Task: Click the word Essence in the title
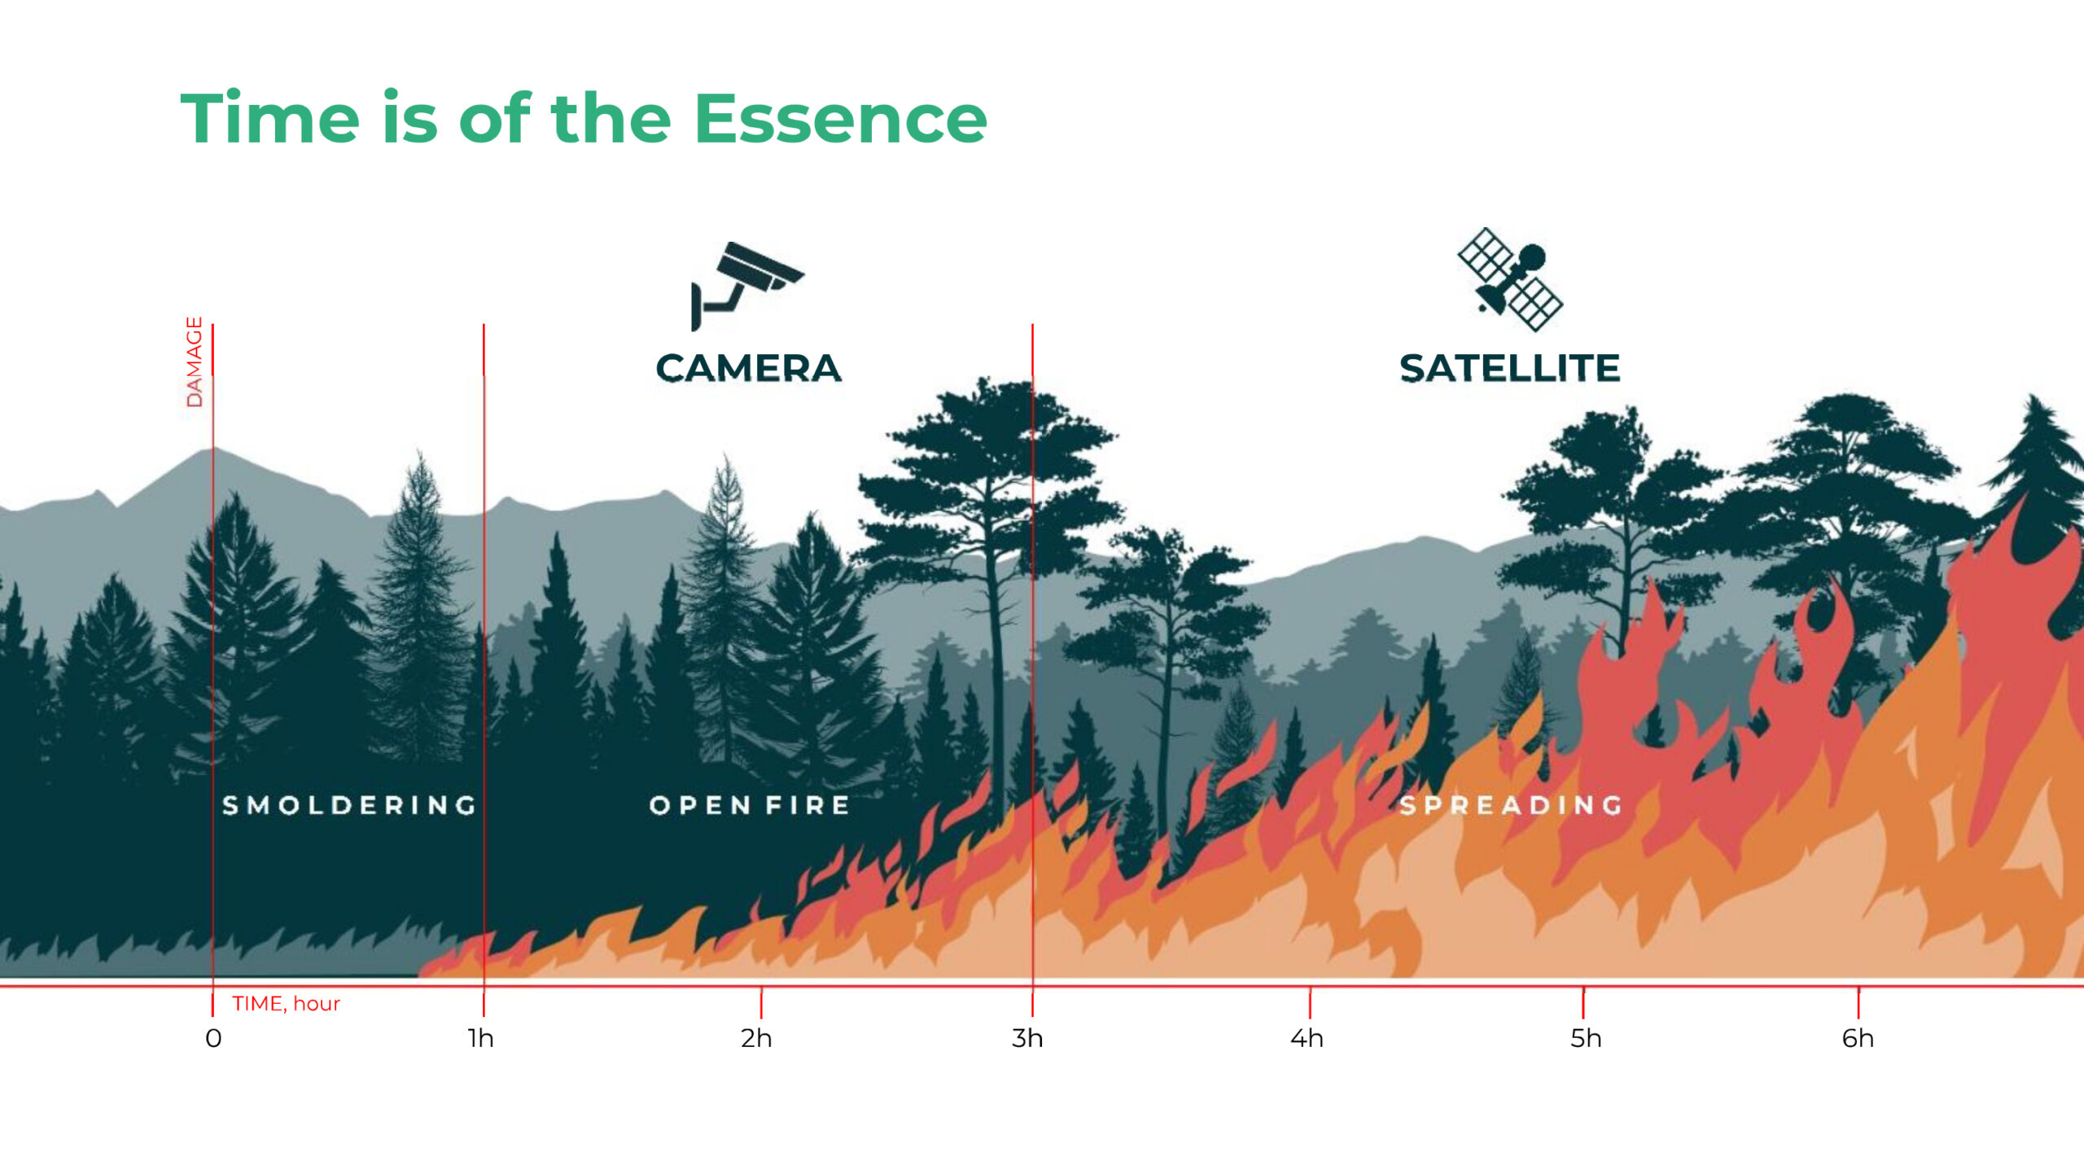click(x=841, y=119)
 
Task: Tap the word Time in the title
click(x=269, y=118)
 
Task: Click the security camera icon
click(x=746, y=286)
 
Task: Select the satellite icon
click(x=1510, y=279)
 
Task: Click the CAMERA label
click(x=748, y=368)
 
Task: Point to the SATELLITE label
click(x=1510, y=368)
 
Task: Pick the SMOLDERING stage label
click(x=349, y=805)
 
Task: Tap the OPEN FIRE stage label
click(x=750, y=805)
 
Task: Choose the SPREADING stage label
click(x=1511, y=805)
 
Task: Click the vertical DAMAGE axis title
click(x=194, y=361)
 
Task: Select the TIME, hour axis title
click(x=286, y=1004)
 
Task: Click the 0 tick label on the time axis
click(x=213, y=1039)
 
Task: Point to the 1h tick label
click(x=481, y=1039)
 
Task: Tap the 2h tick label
click(x=756, y=1039)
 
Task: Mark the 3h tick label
click(x=1027, y=1039)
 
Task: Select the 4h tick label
click(x=1307, y=1039)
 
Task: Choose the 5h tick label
click(x=1586, y=1039)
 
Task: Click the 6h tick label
click(x=1858, y=1039)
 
